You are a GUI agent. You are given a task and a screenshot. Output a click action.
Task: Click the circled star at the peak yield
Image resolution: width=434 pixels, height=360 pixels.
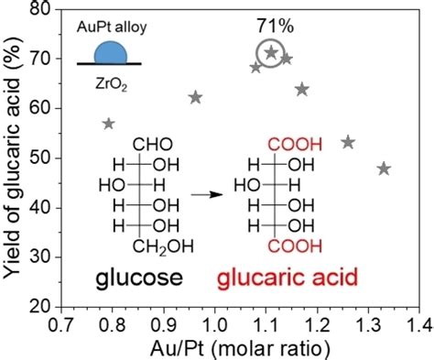pos(270,53)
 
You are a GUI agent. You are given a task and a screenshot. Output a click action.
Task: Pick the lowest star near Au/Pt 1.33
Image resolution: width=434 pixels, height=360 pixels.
pos(384,169)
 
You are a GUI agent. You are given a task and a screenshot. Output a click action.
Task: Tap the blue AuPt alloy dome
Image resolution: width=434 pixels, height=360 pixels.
pos(108,52)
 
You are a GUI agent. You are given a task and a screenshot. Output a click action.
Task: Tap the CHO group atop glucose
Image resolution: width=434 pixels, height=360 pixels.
pos(151,145)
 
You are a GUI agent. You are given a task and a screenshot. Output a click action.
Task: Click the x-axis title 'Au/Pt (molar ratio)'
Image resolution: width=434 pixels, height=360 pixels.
pos(240,346)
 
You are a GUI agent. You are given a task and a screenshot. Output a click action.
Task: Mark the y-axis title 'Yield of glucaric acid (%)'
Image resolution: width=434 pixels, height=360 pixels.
pos(13,156)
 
